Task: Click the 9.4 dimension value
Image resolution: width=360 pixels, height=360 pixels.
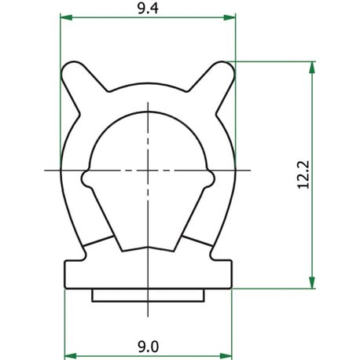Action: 148,9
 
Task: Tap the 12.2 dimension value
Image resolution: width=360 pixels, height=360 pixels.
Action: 303,174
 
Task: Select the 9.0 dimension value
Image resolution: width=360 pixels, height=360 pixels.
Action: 149,347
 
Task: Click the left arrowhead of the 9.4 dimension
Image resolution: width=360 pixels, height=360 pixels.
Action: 66,17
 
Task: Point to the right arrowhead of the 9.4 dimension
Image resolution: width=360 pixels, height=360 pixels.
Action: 230,17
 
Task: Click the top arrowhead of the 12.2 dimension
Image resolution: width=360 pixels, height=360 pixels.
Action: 312,68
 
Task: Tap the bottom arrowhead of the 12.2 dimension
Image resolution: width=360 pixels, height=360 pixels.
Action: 312,282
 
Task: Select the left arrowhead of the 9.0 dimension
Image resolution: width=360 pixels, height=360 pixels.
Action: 71,356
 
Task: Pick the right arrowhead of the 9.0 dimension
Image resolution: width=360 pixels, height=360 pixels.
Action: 226,356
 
